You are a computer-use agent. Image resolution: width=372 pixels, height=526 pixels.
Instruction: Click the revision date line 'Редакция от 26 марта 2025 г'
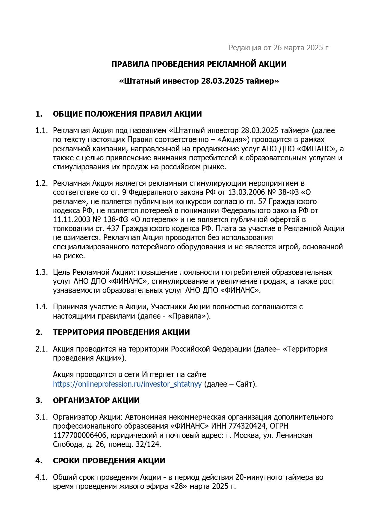(x=278, y=48)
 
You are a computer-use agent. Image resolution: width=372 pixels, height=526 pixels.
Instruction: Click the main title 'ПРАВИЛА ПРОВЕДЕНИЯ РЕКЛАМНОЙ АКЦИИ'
(x=199, y=64)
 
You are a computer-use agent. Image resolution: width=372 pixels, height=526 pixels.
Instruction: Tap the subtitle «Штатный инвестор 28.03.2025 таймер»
(x=199, y=81)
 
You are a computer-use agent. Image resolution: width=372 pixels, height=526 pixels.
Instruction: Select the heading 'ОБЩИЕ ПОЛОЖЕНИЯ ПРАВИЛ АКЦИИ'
(x=127, y=114)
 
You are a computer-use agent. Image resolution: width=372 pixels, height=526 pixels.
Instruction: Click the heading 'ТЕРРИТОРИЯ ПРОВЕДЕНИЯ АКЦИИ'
(x=121, y=332)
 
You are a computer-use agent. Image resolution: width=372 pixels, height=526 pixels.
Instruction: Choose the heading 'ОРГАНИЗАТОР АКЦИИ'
(x=96, y=400)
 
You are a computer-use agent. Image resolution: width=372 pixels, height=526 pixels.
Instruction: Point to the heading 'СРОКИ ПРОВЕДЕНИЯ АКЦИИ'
(x=109, y=461)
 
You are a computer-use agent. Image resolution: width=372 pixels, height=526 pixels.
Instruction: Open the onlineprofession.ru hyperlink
(x=127, y=384)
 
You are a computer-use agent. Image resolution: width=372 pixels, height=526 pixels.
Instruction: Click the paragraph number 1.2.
(x=41, y=183)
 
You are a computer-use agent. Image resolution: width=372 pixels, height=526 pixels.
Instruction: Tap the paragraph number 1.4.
(x=41, y=307)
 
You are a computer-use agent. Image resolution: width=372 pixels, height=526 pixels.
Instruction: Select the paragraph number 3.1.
(x=41, y=417)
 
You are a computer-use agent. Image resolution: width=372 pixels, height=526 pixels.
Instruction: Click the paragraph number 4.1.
(x=41, y=477)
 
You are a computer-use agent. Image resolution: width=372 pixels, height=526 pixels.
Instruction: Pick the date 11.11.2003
(x=72, y=219)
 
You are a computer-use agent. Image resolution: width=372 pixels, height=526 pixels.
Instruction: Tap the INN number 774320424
(x=248, y=426)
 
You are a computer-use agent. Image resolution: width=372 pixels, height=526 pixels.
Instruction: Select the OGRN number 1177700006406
(x=79, y=435)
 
